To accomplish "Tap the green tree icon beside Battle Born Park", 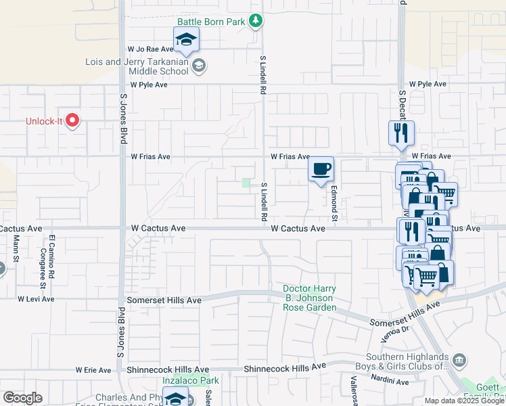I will click(256, 22).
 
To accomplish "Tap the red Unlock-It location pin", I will click(72, 121).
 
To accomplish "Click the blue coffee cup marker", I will click(321, 169).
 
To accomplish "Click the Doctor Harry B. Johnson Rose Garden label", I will click(309, 298).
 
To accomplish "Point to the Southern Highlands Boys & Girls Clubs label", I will click(407, 362).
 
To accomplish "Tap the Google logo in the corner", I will click(22, 398).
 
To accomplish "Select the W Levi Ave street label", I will click(35, 298).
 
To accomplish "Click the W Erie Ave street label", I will click(93, 370).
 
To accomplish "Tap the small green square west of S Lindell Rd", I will click(246, 183).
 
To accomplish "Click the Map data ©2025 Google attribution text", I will click(464, 401).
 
